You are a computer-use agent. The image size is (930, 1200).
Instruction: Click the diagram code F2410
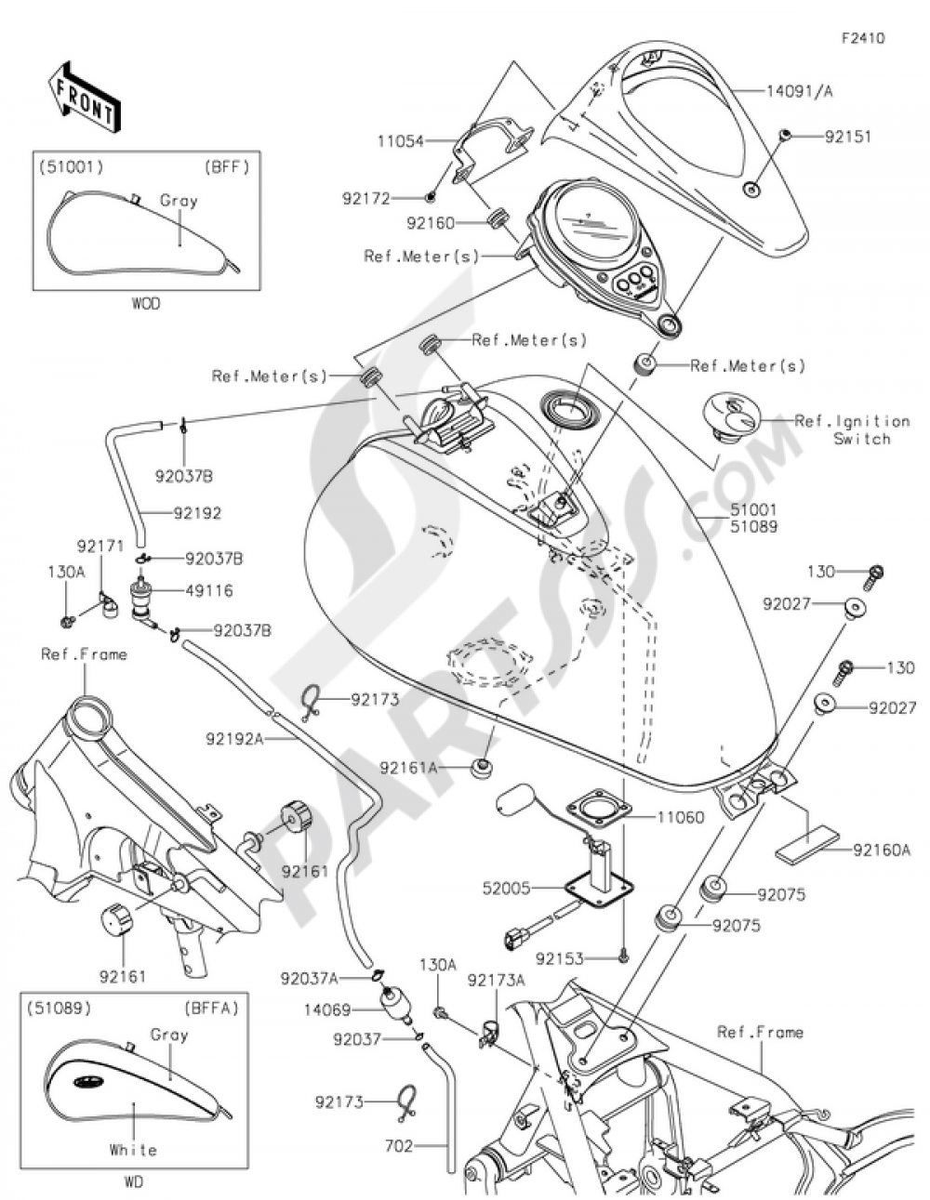(x=862, y=39)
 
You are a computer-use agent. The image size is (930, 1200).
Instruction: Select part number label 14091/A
(x=800, y=91)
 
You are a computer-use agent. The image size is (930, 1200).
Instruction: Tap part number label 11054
(x=401, y=141)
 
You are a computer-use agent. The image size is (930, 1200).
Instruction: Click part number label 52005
(x=507, y=888)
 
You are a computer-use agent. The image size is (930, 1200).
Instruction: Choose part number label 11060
(x=681, y=817)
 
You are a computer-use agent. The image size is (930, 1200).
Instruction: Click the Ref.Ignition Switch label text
(x=851, y=429)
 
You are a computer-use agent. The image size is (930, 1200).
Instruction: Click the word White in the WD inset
(x=133, y=1150)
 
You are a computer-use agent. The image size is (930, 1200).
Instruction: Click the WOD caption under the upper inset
(x=146, y=304)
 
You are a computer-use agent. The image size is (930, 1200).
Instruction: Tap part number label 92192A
(x=235, y=738)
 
